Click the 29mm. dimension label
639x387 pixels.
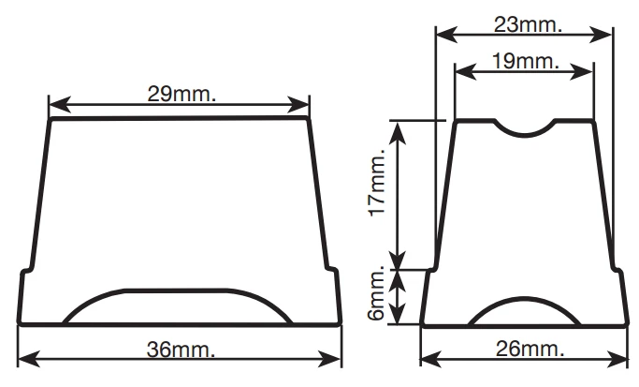click(x=182, y=94)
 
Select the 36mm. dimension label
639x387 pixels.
click(x=181, y=350)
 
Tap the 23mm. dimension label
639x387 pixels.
click(x=529, y=24)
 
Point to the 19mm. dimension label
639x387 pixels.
click(x=526, y=61)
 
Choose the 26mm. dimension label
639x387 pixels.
click(x=530, y=349)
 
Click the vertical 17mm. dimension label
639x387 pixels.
click(x=376, y=182)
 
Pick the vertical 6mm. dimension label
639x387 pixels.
click(x=376, y=292)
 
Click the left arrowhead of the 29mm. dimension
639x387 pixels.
click(x=60, y=105)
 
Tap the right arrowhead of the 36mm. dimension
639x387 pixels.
click(x=329, y=359)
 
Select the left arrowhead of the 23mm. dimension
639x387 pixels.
click(x=447, y=35)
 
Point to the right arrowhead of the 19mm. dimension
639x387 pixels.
click(x=582, y=72)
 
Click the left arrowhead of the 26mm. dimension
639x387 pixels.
click(x=431, y=358)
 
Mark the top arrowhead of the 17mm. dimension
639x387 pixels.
click(x=398, y=133)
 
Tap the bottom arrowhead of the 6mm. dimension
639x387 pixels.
click(x=398, y=314)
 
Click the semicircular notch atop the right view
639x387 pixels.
click(x=525, y=127)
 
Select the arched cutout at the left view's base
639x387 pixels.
click(x=178, y=306)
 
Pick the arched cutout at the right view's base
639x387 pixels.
click(x=525, y=311)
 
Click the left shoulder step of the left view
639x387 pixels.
click(x=25, y=270)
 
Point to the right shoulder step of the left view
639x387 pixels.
click(x=332, y=270)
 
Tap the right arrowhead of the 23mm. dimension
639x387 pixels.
click(x=601, y=35)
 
